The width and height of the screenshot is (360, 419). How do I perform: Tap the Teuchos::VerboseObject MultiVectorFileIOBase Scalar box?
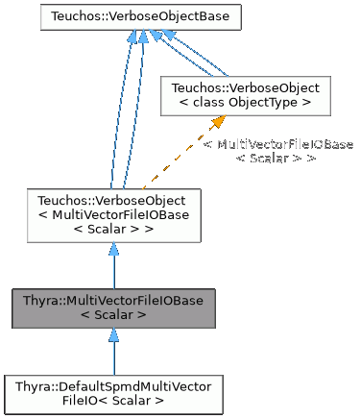click(x=113, y=214)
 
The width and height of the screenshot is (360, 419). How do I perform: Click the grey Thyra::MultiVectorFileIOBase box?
click(x=113, y=308)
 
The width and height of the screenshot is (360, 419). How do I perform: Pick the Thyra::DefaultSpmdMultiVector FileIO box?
click(x=113, y=393)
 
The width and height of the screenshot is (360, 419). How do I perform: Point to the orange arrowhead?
click(x=220, y=121)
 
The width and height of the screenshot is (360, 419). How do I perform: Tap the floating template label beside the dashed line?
click(x=276, y=150)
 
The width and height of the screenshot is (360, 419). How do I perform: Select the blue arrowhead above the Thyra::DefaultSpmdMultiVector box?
click(x=113, y=335)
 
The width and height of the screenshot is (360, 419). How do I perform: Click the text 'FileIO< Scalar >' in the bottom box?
click(x=113, y=401)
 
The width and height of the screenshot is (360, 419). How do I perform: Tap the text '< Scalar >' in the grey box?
click(x=113, y=315)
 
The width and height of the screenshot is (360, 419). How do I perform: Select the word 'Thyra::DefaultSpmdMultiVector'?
click(x=113, y=385)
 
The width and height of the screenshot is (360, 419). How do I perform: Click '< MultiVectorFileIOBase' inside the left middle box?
click(x=113, y=214)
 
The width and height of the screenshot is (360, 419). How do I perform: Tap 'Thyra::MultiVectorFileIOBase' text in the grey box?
click(x=113, y=301)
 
